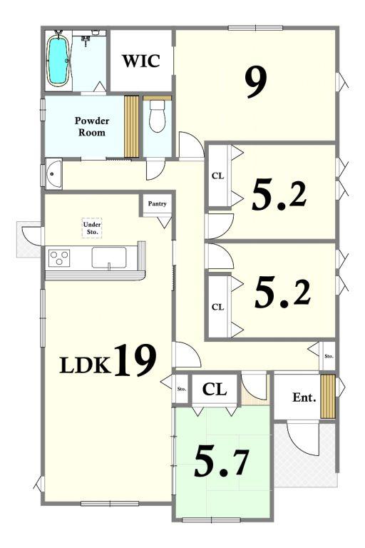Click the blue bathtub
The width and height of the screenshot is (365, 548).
click(58, 60)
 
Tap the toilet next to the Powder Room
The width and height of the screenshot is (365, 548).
click(157, 116)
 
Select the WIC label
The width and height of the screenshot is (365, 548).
click(140, 61)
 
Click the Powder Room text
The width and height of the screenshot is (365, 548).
click(92, 126)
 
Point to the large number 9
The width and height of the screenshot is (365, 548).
click(256, 82)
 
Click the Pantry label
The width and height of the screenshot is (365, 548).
click(157, 203)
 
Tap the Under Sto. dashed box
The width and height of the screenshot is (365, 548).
click(92, 228)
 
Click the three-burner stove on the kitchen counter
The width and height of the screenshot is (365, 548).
click(59, 258)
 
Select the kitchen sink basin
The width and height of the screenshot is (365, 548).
click(109, 258)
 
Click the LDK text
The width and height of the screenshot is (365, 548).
click(85, 365)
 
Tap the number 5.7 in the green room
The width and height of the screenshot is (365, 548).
click(222, 462)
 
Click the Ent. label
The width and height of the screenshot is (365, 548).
click(304, 397)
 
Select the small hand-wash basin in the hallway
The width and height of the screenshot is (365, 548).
click(53, 173)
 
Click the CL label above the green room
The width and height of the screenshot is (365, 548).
click(215, 389)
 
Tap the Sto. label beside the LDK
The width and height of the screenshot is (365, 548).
click(182, 389)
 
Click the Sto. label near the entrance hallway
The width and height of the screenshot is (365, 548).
click(329, 357)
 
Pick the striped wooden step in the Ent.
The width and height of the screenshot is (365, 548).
click(328, 397)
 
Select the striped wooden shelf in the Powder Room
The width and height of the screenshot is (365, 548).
click(132, 126)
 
